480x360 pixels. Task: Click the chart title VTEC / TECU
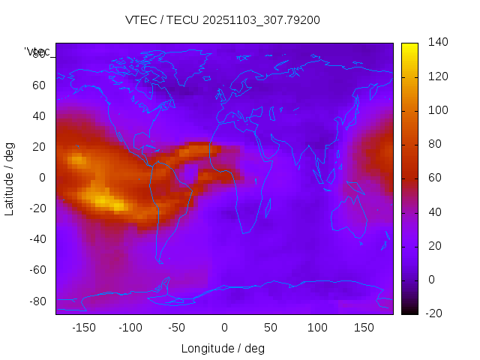click(x=222, y=20)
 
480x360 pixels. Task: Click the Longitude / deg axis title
click(x=223, y=349)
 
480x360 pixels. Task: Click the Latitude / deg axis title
click(x=10, y=178)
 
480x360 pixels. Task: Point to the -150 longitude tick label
click(x=83, y=328)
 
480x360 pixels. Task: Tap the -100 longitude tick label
click(x=130, y=328)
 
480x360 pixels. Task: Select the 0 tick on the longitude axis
click(x=224, y=328)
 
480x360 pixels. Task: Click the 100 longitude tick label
click(x=317, y=328)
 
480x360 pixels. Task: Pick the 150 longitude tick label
click(x=364, y=328)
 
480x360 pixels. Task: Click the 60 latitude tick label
click(x=38, y=85)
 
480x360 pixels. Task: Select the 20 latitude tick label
click(x=38, y=146)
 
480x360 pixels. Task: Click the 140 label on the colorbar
click(x=438, y=42)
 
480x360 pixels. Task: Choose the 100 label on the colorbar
click(x=438, y=110)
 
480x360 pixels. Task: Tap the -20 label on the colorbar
click(x=438, y=313)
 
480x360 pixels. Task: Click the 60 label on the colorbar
click(x=435, y=178)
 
